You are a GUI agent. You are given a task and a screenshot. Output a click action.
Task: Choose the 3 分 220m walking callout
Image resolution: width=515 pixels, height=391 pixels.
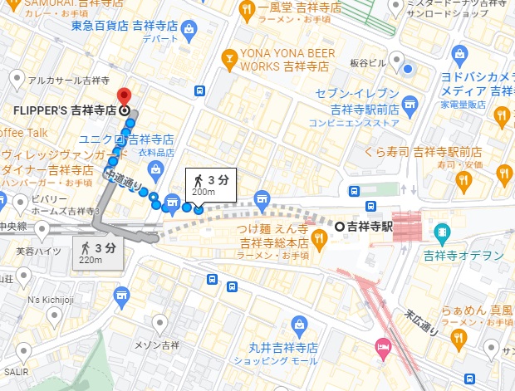(x=97, y=252)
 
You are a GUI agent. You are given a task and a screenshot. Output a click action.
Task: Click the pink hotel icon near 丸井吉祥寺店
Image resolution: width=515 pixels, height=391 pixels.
(x=382, y=345)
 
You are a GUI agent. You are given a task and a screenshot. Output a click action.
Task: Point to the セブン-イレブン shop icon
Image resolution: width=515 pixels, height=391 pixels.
(x=408, y=103)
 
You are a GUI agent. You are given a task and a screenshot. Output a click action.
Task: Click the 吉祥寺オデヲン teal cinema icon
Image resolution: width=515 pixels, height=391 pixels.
(x=442, y=230)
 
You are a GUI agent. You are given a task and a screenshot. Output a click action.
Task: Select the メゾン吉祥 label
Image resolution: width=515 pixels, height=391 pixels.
(x=158, y=345)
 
